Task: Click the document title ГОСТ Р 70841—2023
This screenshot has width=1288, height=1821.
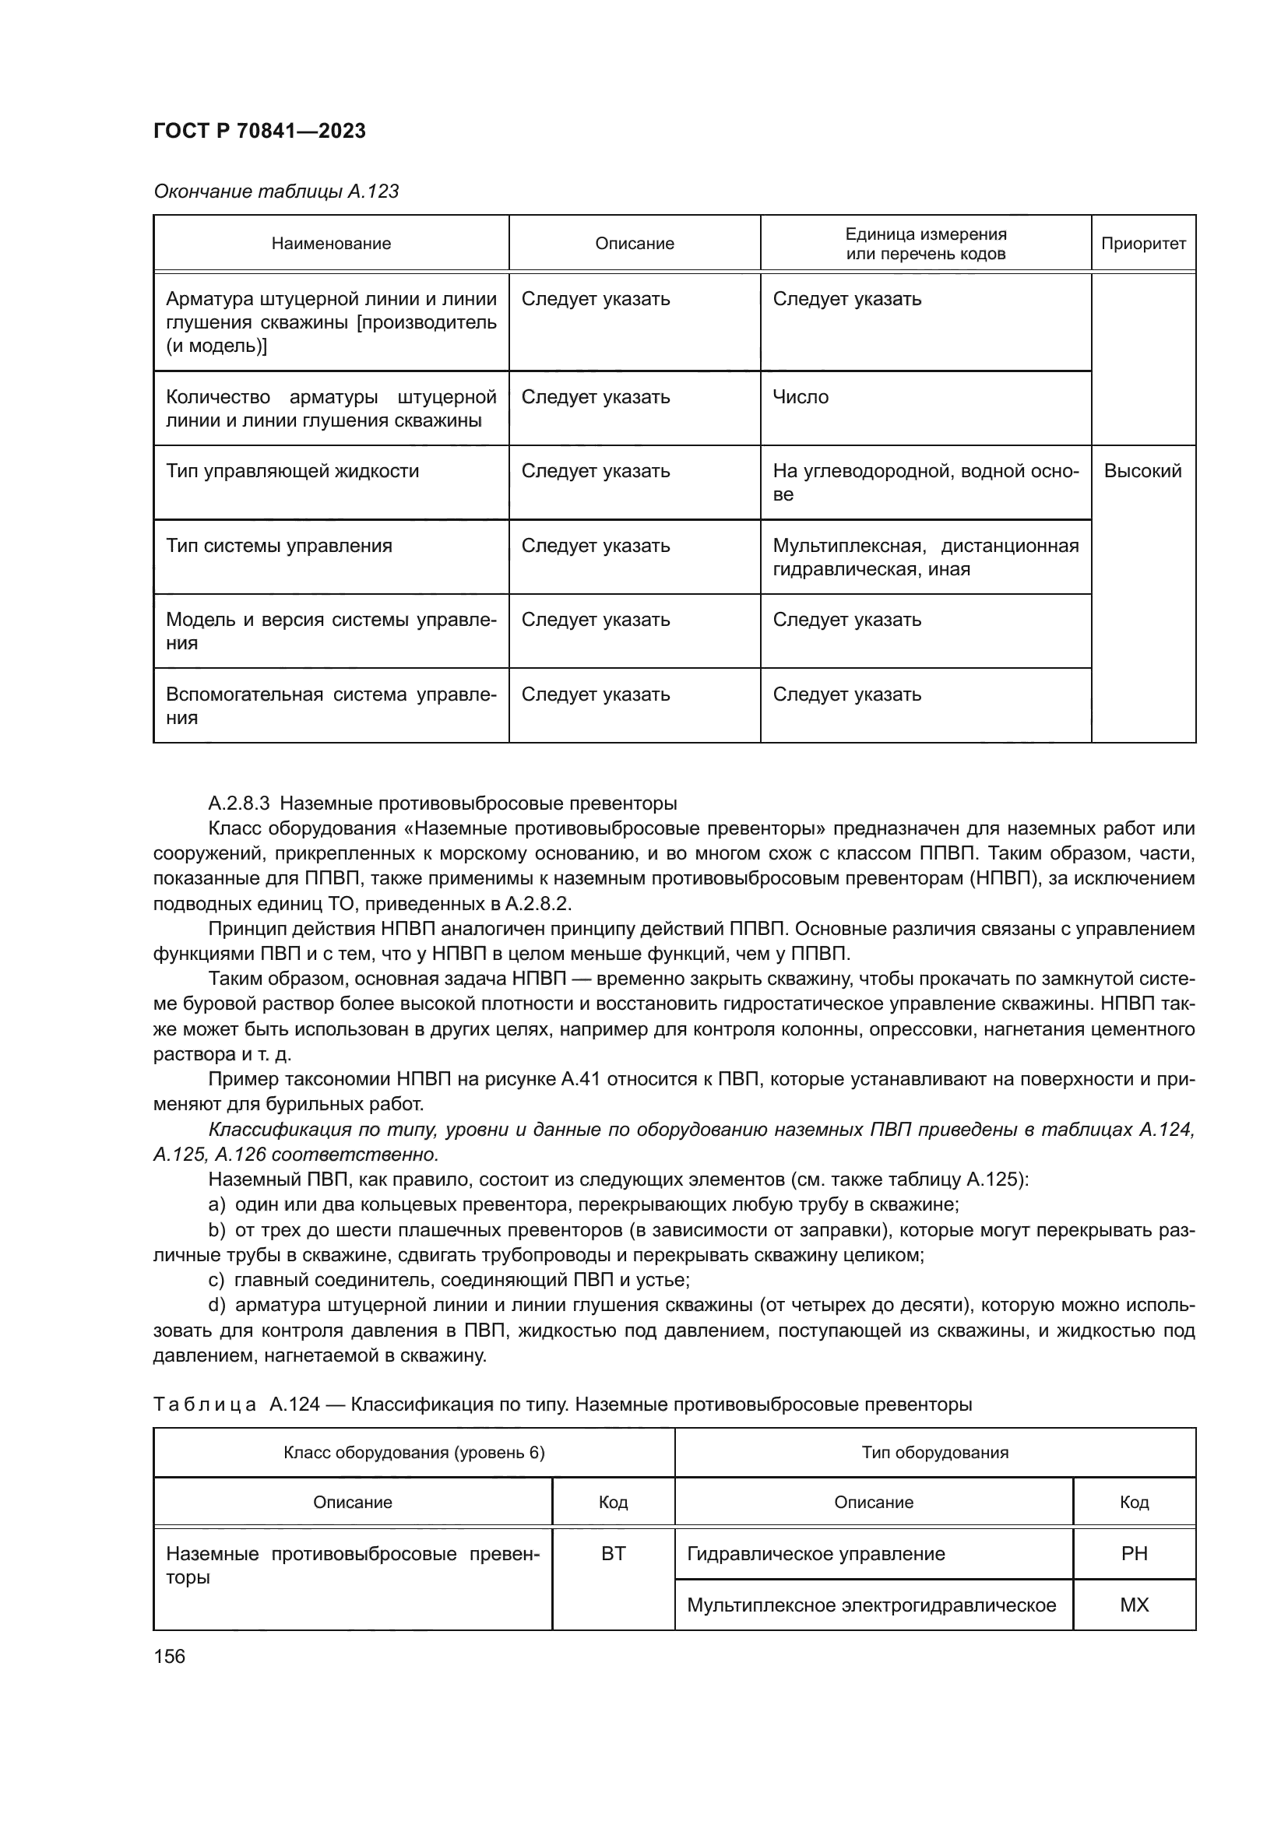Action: click(259, 131)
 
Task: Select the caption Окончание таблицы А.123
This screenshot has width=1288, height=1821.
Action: click(275, 192)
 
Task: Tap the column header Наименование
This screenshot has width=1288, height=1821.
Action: click(331, 244)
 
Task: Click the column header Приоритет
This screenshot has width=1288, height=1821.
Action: click(1143, 244)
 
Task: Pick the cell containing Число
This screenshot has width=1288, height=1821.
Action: click(801, 396)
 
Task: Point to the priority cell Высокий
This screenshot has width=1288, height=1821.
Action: click(1142, 471)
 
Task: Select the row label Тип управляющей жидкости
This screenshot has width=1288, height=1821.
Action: click(292, 471)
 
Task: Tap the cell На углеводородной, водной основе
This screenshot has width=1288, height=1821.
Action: click(925, 482)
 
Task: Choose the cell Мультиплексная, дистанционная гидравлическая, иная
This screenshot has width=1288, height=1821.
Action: click(925, 557)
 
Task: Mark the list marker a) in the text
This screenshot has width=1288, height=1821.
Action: click(217, 1204)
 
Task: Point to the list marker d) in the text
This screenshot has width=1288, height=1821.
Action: click(217, 1305)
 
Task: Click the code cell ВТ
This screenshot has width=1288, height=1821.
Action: click(613, 1554)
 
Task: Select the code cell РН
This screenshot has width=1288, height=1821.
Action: click(1134, 1554)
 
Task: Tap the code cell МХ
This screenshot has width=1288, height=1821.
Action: click(1134, 1605)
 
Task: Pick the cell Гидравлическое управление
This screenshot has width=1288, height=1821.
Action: click(815, 1554)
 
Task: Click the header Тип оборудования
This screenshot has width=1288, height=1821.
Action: click(934, 1452)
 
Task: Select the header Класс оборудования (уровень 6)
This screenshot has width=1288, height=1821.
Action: click(414, 1452)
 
